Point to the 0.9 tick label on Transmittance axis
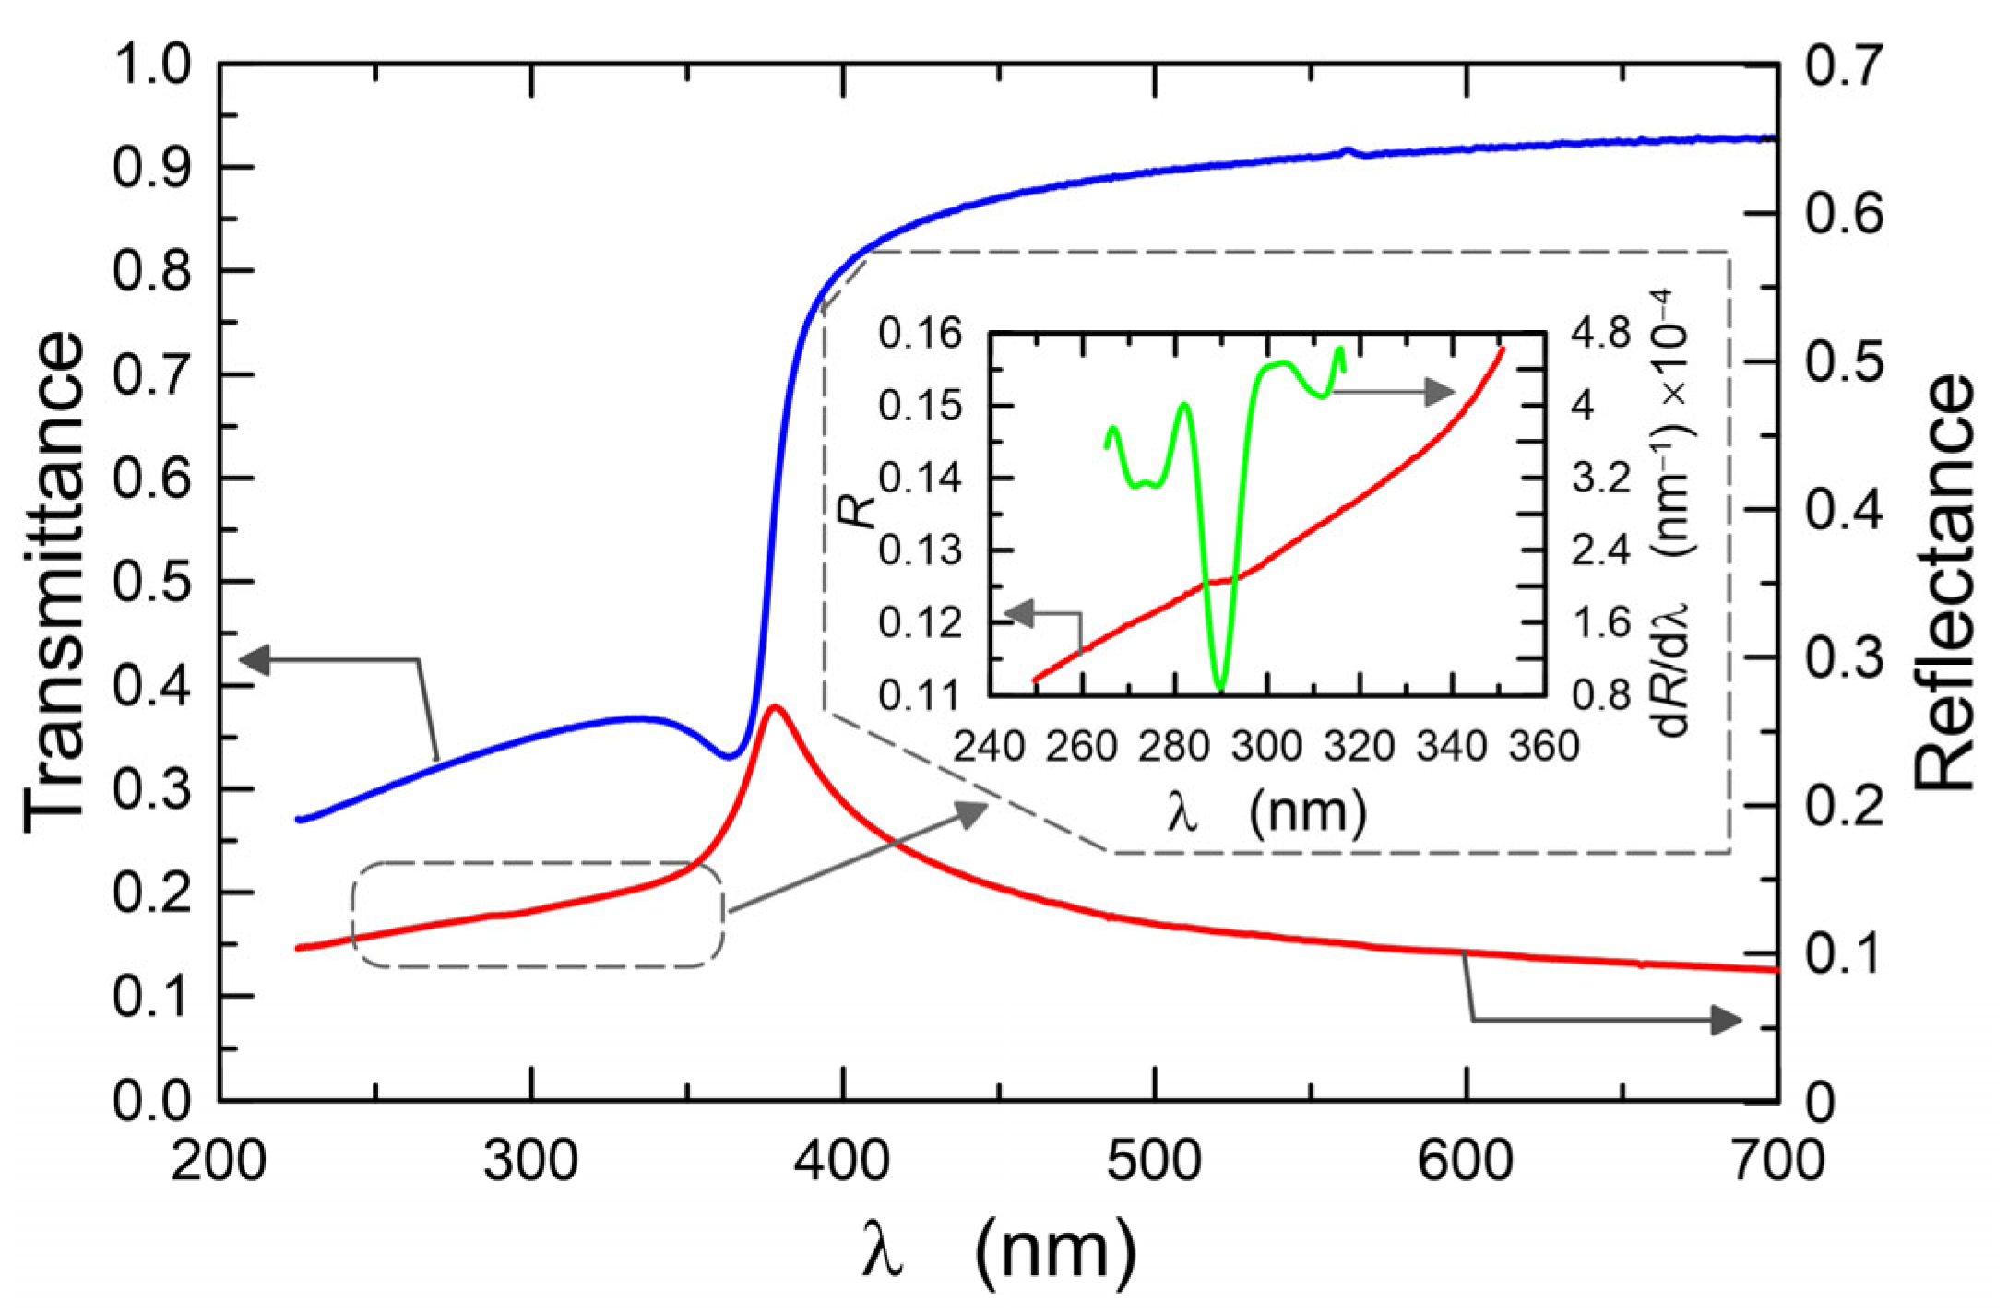[151, 169]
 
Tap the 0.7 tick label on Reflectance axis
[1843, 67]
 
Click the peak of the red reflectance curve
[776, 707]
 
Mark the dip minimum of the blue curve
[730, 757]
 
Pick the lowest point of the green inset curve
[1220, 688]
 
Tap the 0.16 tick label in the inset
[920, 334]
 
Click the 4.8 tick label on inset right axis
[1602, 334]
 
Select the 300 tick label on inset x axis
[1265, 746]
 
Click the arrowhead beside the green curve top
[1438, 392]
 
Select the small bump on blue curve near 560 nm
[1348, 151]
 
